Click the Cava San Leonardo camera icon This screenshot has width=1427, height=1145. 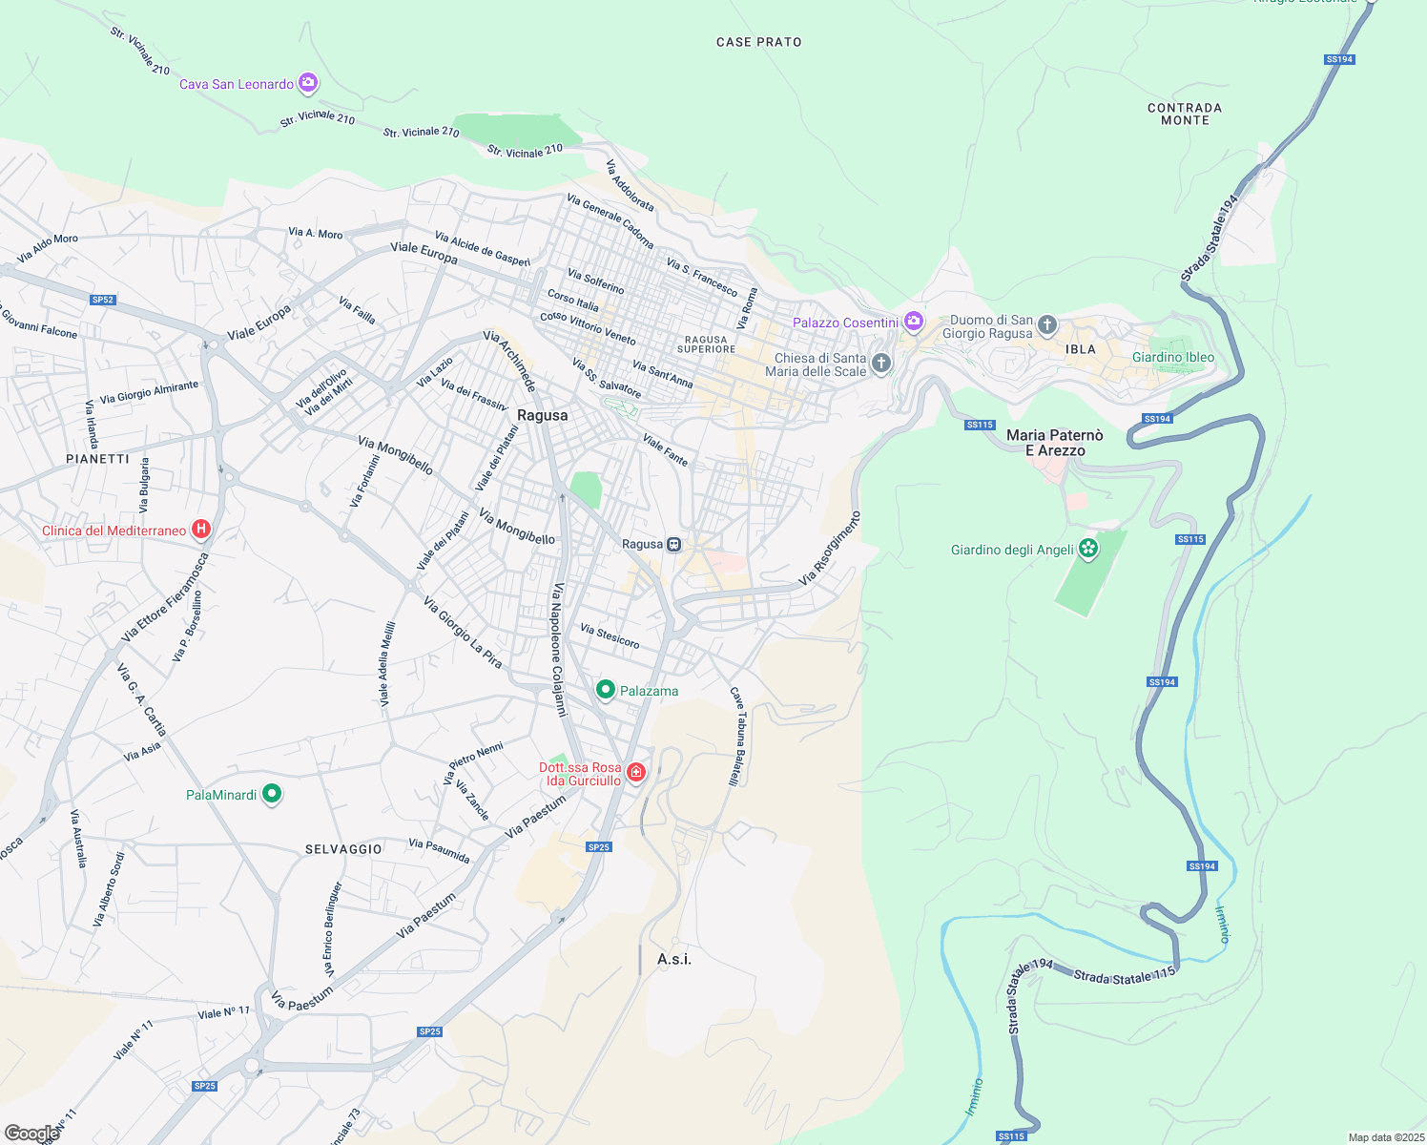click(x=307, y=83)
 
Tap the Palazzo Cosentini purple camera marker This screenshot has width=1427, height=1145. click(x=914, y=322)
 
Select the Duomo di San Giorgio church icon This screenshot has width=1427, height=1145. click(x=1047, y=325)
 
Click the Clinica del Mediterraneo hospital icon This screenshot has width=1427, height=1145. click(x=201, y=529)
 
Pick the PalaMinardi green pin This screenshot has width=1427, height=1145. click(x=272, y=793)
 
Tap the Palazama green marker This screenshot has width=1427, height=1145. click(x=605, y=689)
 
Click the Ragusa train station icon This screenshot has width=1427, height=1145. click(x=674, y=544)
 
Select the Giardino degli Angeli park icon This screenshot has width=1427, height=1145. click(x=1088, y=549)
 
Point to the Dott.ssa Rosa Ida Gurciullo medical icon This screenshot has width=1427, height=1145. click(x=635, y=772)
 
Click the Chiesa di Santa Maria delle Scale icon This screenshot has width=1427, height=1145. click(x=881, y=363)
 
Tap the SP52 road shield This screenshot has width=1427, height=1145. click(x=102, y=300)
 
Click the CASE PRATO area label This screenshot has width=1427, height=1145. click(x=758, y=42)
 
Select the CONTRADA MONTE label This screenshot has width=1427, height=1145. click(x=1185, y=114)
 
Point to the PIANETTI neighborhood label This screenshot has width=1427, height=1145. click(x=97, y=459)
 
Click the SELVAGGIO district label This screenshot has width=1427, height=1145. click(x=343, y=849)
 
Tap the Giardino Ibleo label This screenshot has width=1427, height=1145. click(x=1173, y=358)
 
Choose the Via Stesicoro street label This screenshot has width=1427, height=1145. click(x=610, y=636)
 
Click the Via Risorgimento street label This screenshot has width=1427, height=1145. click(x=829, y=549)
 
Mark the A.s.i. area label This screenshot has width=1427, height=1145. click(x=674, y=959)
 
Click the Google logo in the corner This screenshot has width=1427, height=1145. click(x=31, y=1133)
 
